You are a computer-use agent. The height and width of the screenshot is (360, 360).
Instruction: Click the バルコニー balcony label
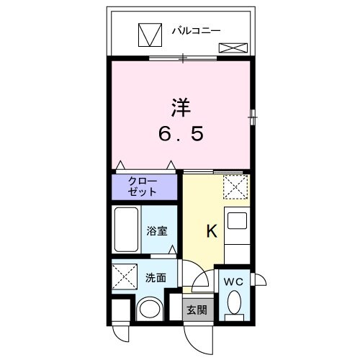pos(196,31)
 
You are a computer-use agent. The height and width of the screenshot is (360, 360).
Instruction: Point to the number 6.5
pos(180,135)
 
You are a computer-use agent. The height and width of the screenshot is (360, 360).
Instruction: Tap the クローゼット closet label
pos(143,187)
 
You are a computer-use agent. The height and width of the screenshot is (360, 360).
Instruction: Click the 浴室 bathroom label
pos(158,232)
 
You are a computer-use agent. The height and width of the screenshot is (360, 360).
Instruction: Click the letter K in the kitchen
pos(212,232)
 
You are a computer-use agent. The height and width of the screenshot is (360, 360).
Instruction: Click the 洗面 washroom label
pos(156,276)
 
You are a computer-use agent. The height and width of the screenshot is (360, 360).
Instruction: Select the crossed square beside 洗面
pos(124,276)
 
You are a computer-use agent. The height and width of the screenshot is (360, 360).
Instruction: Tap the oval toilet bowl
pos(232,306)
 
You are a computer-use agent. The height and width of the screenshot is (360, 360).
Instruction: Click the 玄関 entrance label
pos(197,311)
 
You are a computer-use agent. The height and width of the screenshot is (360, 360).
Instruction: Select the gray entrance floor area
pos(197,304)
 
